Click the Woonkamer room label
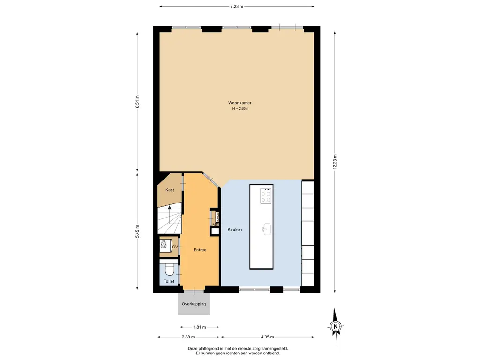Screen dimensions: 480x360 (x=240, y=103)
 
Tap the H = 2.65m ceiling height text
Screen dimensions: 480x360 (x=240, y=108)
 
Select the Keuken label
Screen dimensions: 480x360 (x=235, y=229)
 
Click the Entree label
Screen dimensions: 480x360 (x=200, y=250)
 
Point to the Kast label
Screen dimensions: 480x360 (x=170, y=190)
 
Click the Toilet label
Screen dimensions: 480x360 (x=169, y=281)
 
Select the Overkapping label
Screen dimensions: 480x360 (x=194, y=304)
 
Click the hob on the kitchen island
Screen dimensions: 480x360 (x=266, y=195)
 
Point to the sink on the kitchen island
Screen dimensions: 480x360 (x=267, y=229)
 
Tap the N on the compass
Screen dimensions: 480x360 (x=336, y=326)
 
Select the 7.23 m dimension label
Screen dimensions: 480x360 (x=237, y=6)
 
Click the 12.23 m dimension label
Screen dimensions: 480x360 (x=335, y=162)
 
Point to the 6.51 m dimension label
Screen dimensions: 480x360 (x=137, y=102)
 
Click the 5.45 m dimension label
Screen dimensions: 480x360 (x=137, y=232)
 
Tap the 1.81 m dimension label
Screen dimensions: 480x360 (x=200, y=327)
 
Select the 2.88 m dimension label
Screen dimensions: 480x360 (x=188, y=337)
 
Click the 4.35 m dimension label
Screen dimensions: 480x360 (x=268, y=337)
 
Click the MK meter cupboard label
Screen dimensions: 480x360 (x=216, y=225)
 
